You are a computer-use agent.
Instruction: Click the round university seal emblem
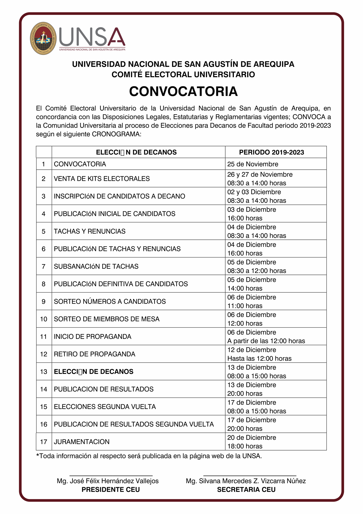[43, 38]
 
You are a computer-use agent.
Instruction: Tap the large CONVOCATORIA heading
[183, 92]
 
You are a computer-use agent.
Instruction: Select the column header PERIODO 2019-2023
[271, 152]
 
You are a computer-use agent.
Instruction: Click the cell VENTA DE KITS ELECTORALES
[102, 179]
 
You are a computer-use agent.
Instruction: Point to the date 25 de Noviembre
[253, 164]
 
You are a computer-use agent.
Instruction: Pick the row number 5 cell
[44, 231]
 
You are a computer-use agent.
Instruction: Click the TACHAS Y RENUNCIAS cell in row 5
[90, 231]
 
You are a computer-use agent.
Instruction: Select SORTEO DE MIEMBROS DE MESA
[107, 319]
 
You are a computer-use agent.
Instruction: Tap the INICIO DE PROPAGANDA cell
[92, 337]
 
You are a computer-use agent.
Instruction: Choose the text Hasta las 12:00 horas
[259, 358]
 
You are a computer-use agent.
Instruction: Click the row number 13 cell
[44, 372]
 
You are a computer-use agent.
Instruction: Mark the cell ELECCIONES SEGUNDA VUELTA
[105, 407]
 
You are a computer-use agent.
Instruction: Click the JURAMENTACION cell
[82, 442]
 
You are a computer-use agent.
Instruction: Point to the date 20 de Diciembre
[252, 437]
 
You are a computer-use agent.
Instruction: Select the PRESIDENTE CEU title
[111, 489]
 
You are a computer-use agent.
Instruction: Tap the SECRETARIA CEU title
[246, 489]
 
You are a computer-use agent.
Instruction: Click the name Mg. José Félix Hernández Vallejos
[108, 481]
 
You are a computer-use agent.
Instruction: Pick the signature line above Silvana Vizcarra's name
[250, 475]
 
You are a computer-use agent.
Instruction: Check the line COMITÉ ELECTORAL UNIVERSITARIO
[183, 75]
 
